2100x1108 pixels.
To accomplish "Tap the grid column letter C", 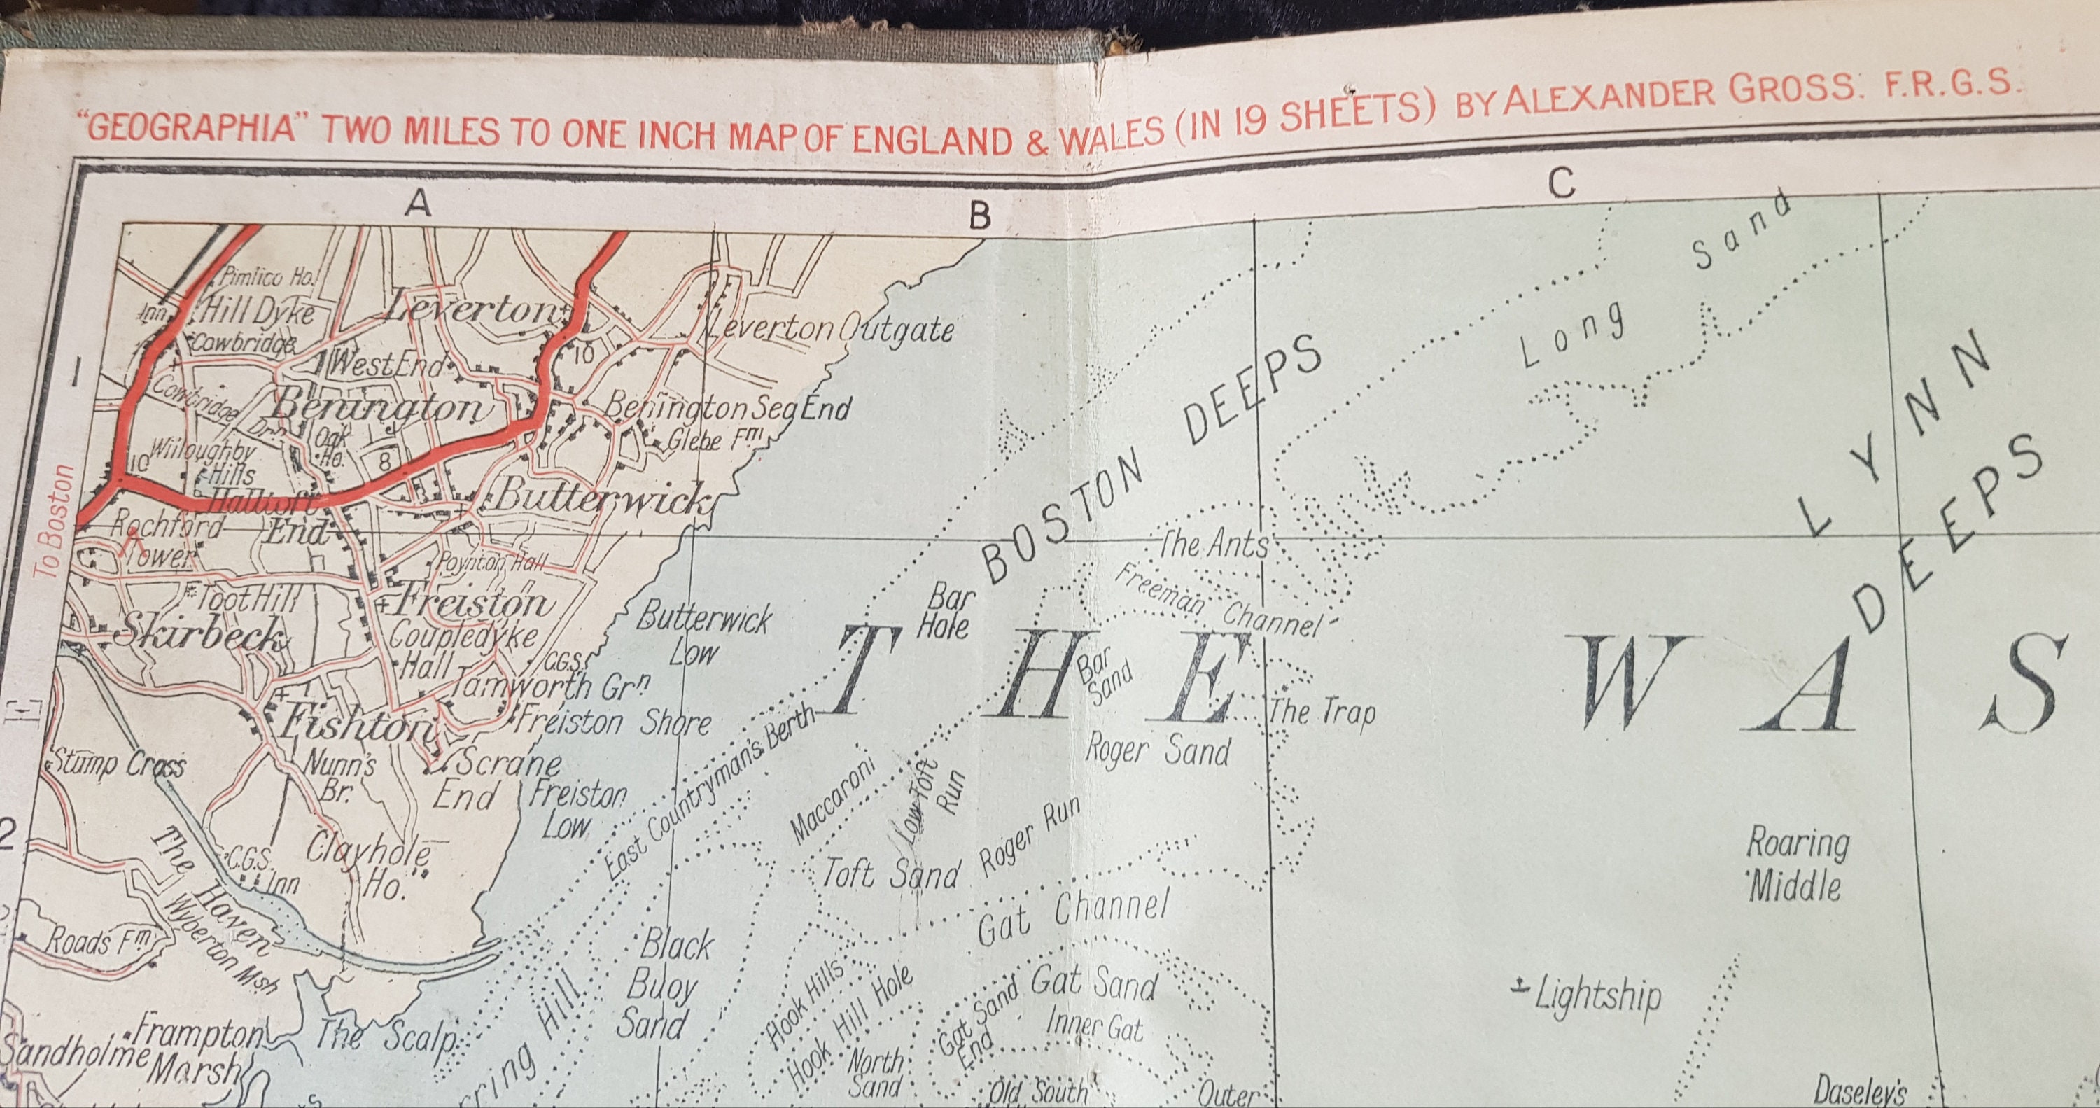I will [1560, 183].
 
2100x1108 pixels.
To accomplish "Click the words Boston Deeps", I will [1149, 470].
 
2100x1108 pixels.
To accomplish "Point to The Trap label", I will [1322, 711].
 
